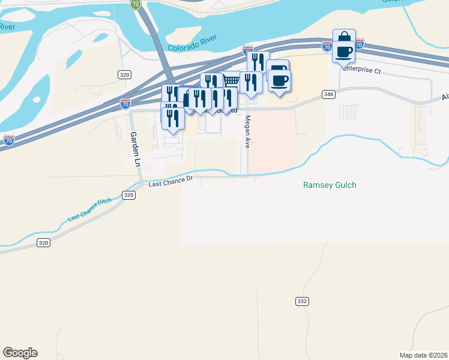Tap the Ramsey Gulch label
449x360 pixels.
click(330, 185)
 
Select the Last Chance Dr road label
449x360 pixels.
click(170, 181)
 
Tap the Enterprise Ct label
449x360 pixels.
click(362, 70)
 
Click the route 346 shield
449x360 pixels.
click(327, 94)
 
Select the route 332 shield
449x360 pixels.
click(301, 300)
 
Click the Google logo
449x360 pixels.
click(20, 353)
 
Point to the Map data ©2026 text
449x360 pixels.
click(423, 355)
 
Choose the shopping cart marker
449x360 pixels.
click(231, 81)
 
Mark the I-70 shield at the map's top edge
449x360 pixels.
click(136, 4)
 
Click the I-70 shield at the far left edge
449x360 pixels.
click(9, 140)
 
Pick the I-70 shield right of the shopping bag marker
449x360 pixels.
click(360, 44)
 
